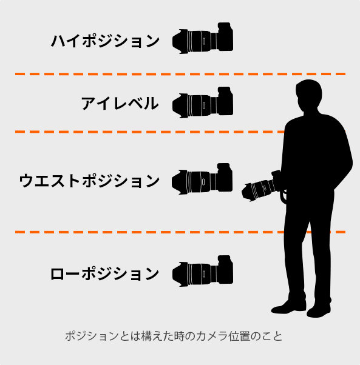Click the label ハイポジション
point(105,41)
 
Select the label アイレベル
point(120,103)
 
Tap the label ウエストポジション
point(89,181)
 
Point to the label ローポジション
point(105,273)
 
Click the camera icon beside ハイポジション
point(203,38)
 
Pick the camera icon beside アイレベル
point(203,102)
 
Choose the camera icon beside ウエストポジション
point(202,179)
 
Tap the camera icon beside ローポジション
point(203,271)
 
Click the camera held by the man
point(262,186)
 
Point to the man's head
point(309,95)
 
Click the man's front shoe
point(288,307)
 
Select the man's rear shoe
point(319,311)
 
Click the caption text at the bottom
point(174,337)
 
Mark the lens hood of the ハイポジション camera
point(180,42)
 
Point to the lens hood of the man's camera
point(248,192)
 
